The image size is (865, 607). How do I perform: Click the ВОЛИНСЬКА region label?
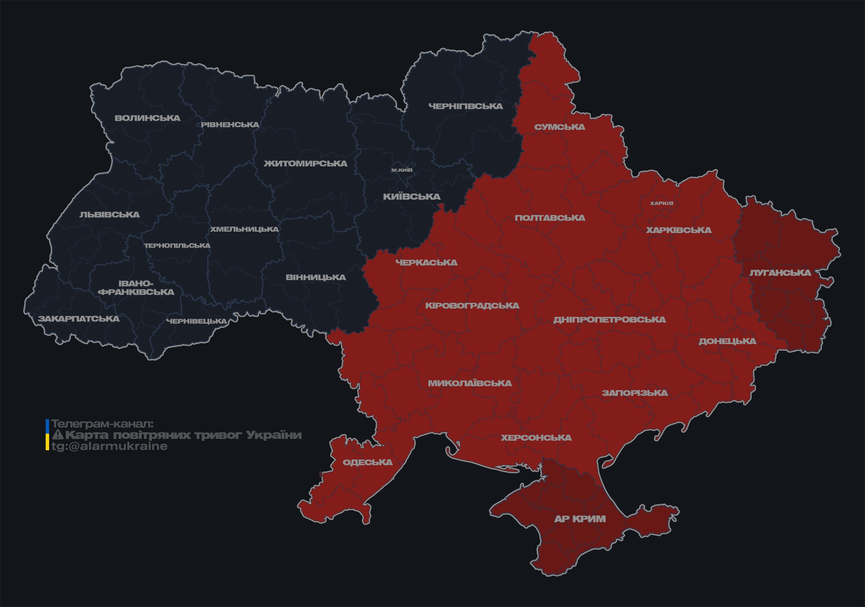pos(147,118)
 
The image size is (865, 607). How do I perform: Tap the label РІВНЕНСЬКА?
pos(230,125)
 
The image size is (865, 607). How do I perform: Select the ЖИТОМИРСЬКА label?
pos(305,164)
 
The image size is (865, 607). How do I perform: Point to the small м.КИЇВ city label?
pos(402,170)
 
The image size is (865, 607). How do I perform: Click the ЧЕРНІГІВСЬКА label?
pos(465,106)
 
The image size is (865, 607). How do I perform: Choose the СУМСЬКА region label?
pos(560,127)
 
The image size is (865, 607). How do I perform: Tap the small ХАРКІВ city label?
pos(661,203)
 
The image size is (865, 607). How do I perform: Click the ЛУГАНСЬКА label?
pos(780,273)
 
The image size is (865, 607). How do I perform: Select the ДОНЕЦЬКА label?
pos(727,341)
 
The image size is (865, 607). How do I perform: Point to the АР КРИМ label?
pos(580,519)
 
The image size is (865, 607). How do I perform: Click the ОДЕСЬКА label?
pos(367,463)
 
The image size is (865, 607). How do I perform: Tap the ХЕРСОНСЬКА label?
pos(536,438)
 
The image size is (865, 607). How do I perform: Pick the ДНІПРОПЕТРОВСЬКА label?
pos(609,320)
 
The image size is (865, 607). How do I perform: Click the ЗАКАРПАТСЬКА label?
pos(79,319)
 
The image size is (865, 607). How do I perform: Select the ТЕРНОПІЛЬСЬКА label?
pos(177,246)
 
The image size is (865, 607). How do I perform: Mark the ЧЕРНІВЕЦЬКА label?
pos(197,321)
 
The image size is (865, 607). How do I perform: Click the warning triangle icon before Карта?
pos(57,435)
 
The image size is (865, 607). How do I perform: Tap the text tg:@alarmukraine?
pos(109,446)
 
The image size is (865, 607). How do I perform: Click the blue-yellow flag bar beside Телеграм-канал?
pos(47,435)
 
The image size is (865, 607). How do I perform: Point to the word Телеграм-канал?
pos(102,424)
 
